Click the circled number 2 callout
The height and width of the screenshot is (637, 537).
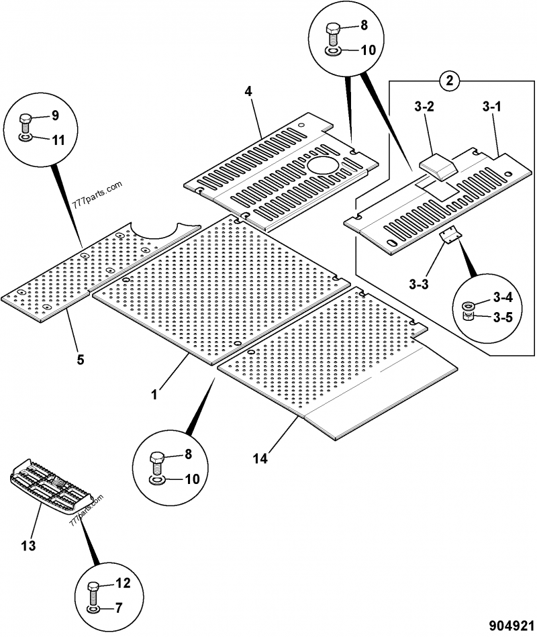tap(450, 81)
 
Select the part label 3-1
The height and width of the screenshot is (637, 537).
tap(492, 107)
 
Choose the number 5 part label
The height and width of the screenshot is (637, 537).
tap(81, 358)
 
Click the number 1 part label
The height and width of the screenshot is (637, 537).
tap(154, 395)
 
